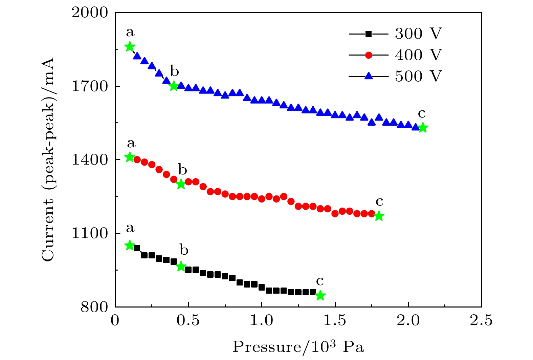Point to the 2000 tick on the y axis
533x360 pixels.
90,13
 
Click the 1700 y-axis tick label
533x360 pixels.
90,86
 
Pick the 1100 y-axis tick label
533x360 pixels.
90,234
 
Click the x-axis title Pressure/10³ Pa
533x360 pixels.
298,347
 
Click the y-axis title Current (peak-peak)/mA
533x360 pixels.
48,160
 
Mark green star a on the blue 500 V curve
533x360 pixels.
130,47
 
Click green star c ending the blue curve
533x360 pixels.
423,128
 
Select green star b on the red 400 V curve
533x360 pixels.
181,184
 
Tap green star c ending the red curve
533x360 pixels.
379,216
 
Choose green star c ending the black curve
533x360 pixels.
320,296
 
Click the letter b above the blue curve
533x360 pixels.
174,71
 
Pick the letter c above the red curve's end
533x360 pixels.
379,202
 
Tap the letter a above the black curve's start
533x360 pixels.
130,229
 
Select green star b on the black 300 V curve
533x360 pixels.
181,266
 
